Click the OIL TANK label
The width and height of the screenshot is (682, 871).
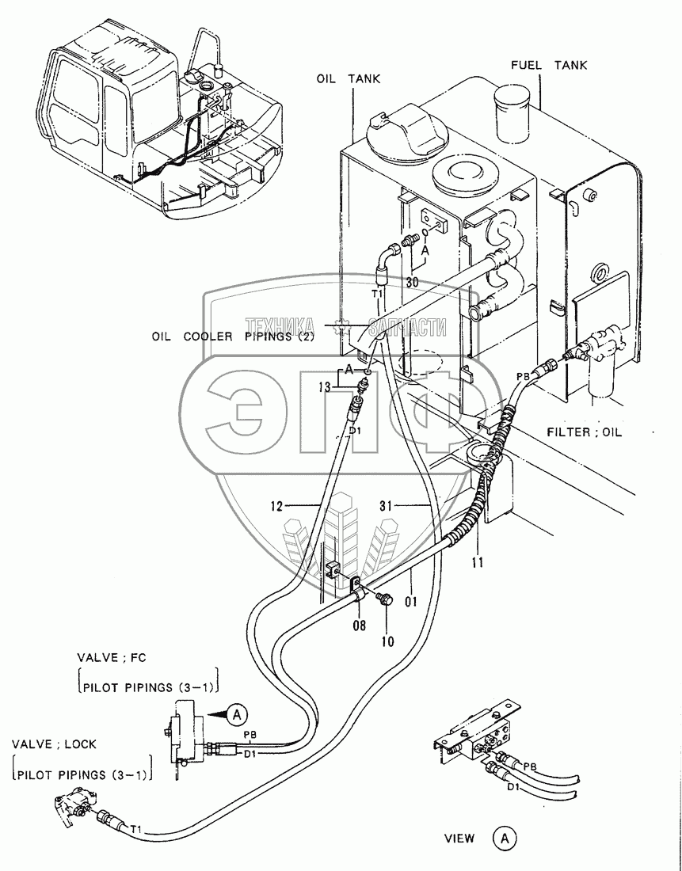click(349, 79)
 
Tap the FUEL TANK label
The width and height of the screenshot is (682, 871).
click(549, 65)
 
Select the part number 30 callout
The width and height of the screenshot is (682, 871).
click(412, 282)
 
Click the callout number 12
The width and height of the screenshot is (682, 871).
click(276, 506)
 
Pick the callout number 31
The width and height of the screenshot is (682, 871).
click(387, 506)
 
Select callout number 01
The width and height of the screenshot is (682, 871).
click(411, 601)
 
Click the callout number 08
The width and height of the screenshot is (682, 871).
click(360, 626)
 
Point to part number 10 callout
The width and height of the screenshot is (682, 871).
click(387, 641)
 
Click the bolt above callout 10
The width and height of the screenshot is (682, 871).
click(383, 599)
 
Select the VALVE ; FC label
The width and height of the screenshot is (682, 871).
click(112, 658)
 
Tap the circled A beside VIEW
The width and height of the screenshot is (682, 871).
click(505, 836)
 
